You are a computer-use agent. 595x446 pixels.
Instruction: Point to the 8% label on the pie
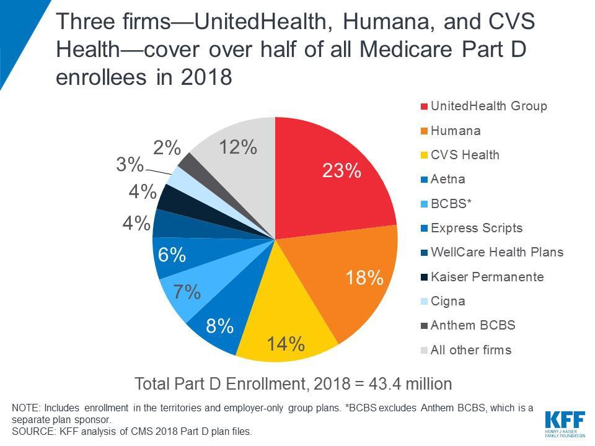pos(220,325)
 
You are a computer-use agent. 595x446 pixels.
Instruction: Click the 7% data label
pos(187,292)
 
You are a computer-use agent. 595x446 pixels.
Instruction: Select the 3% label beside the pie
pos(130,165)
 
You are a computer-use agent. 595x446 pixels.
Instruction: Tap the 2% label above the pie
pos(167,148)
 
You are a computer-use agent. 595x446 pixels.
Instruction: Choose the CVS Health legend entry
pos(465,155)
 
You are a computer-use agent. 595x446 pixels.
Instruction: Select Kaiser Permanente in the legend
pos(487,277)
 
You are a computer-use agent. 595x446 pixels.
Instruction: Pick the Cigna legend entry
pos(447,301)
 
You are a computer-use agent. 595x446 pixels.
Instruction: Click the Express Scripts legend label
pos(476,228)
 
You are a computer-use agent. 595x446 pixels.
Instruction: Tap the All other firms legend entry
pos(471,350)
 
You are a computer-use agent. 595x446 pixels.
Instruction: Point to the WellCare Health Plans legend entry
pos(497,252)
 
